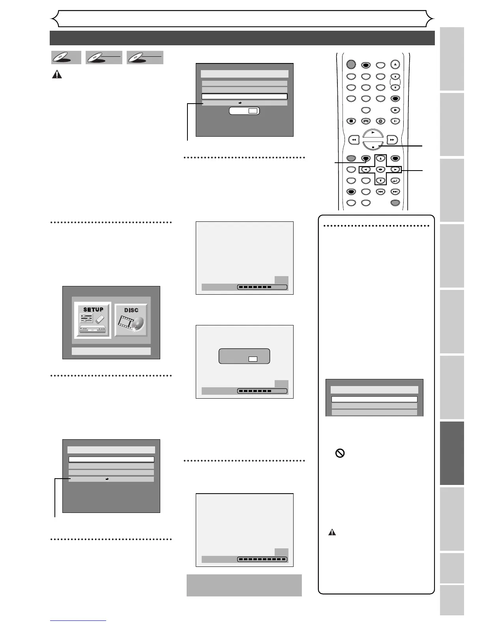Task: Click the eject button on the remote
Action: coord(395,65)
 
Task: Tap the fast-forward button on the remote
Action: coord(391,139)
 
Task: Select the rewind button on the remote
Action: coord(354,139)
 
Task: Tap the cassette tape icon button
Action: coord(366,121)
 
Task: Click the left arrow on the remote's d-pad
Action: coord(365,170)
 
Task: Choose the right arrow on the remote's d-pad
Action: coord(395,170)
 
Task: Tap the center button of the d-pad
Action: coord(380,170)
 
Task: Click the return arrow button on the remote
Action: coord(395,181)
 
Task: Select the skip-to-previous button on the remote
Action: coord(380,192)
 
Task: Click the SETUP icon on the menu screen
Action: coord(93,320)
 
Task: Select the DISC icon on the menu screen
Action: coord(131,320)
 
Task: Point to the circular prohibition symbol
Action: coord(340,453)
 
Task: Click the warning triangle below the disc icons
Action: coord(57,74)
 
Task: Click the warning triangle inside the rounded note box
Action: coord(332,532)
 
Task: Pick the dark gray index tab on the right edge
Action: coord(452,453)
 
